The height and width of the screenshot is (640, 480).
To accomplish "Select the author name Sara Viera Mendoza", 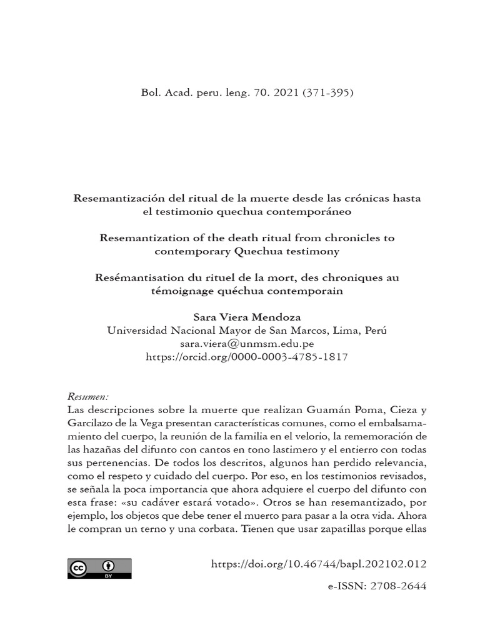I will pyautogui.click(x=247, y=318).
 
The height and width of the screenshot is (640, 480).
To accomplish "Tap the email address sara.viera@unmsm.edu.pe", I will pyautogui.click(x=247, y=344).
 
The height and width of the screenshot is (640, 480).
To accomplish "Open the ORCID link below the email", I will pyautogui.click(x=247, y=357).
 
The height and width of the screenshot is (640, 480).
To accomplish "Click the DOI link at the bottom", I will pyautogui.click(x=319, y=564).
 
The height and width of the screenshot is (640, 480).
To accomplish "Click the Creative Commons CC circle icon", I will pyautogui.click(x=79, y=568).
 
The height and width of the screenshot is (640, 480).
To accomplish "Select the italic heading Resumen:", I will pyautogui.click(x=87, y=397).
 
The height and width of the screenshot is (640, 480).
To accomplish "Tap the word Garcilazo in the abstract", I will pyautogui.click(x=89, y=423).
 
